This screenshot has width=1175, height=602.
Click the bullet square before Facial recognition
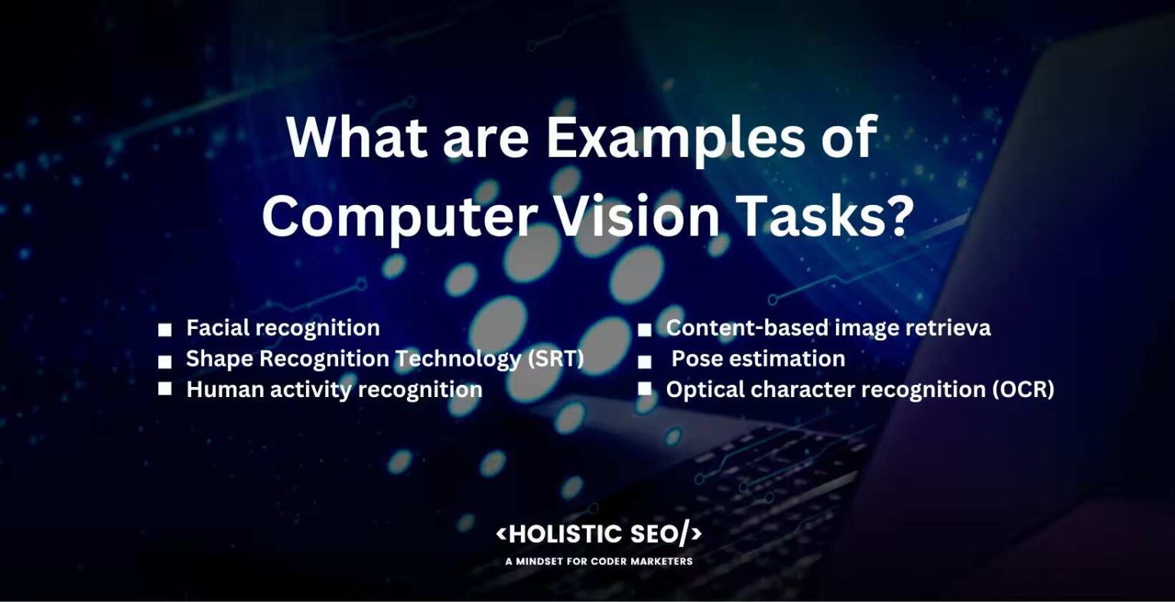coord(164,330)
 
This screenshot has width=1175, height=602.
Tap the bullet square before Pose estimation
coord(645,360)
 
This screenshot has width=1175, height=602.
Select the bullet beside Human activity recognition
coord(164,389)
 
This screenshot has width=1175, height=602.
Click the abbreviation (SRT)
coord(556,359)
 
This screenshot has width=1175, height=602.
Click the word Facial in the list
coord(218,328)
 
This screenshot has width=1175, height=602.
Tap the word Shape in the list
coord(220,359)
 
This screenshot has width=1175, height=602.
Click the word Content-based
coord(747,328)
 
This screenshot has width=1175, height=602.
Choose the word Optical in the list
coord(705,389)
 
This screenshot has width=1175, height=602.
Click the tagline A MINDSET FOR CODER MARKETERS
coord(598,561)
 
